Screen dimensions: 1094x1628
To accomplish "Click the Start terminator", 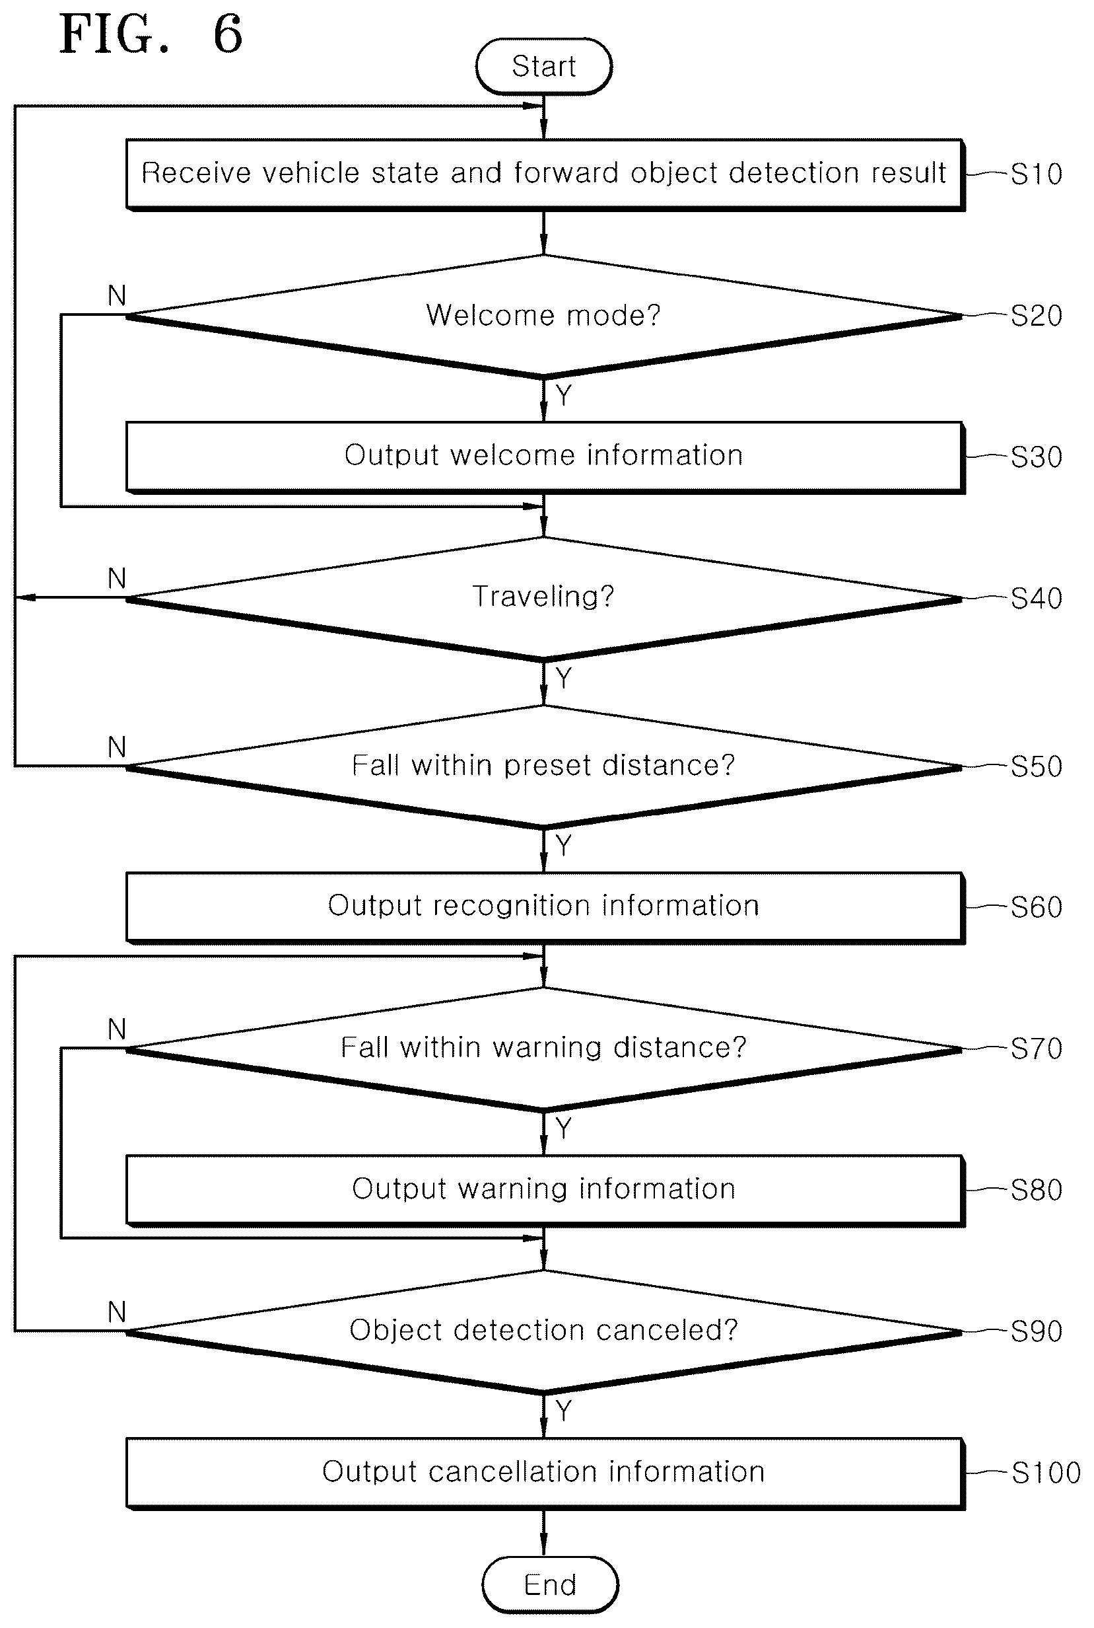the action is (543, 66).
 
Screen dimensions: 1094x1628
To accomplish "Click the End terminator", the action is (550, 1584).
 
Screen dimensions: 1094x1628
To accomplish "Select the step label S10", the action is (1036, 174).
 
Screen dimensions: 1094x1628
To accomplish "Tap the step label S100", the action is (1045, 1472).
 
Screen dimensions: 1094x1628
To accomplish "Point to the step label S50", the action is (1036, 766).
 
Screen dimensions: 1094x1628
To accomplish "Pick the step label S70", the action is (1036, 1049).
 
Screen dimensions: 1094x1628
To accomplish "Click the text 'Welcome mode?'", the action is (543, 315).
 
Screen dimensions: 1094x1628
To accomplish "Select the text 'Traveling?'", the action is (543, 596).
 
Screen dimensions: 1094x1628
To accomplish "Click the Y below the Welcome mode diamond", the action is (564, 395).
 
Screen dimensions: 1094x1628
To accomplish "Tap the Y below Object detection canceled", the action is (564, 1411).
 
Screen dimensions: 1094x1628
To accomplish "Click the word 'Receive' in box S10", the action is (196, 172).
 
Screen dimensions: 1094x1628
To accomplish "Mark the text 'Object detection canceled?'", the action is (543, 1330).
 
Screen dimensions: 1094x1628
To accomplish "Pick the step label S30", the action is (1036, 457).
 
